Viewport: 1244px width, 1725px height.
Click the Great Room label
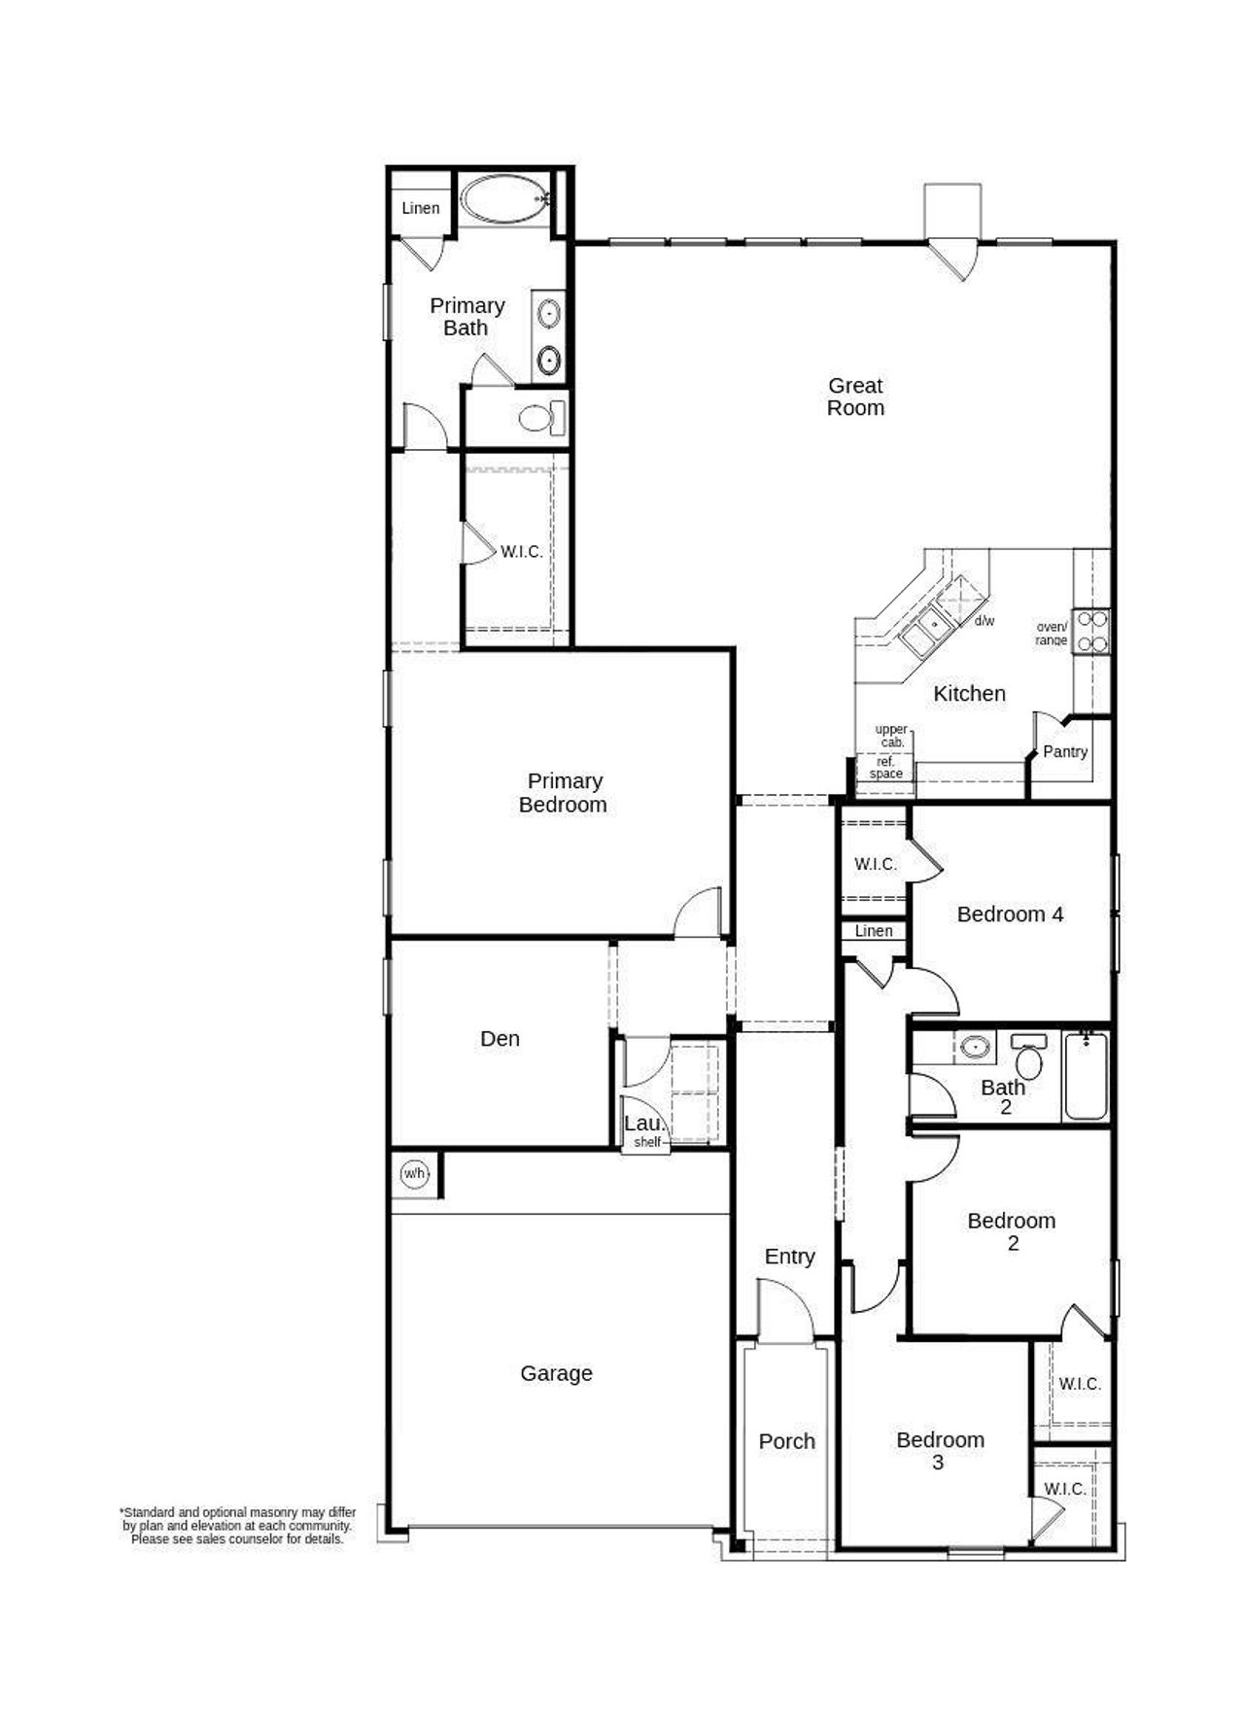pos(855,397)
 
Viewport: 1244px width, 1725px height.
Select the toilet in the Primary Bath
pos(538,418)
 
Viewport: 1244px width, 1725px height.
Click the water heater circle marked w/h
pos(414,1174)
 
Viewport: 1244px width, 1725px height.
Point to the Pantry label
pos(1064,751)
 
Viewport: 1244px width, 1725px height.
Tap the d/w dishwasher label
pos(984,621)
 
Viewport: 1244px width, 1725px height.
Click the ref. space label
pos(885,768)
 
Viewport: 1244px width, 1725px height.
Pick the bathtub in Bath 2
pos(1086,1077)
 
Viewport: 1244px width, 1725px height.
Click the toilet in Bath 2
pos(1028,1057)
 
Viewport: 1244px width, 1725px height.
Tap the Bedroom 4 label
pos(1010,914)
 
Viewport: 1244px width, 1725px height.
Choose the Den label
pos(500,1039)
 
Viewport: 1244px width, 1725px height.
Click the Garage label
pos(556,1373)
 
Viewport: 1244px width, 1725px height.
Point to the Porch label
pos(786,1441)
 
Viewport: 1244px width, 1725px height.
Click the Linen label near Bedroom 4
pos(874,931)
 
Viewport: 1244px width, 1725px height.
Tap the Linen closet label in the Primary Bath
pos(420,208)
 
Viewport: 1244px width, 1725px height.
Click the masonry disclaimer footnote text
pos(237,1526)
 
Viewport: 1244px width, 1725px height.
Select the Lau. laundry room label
pos(643,1123)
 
